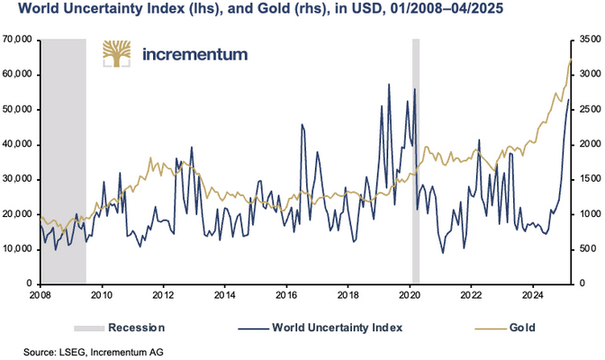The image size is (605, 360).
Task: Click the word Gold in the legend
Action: pos(521,328)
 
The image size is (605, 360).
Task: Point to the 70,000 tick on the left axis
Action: pos(18,40)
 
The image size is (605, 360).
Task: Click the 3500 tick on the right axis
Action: pos(586,40)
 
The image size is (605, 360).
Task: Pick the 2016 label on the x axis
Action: pos(285,293)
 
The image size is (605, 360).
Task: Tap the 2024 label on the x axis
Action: pos(532,293)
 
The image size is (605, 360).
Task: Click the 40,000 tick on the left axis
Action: pos(18,144)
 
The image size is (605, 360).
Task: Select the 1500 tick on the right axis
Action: pos(586,179)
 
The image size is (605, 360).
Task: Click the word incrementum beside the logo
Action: pos(194,54)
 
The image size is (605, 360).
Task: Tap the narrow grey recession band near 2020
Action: pos(416,162)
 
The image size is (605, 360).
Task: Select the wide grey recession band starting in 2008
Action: pos(63,162)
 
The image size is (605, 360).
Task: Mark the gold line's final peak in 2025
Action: pos(571,60)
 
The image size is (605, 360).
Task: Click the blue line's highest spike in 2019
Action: pos(389,85)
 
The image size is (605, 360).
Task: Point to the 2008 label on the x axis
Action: pos(40,293)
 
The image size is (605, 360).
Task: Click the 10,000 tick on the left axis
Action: pos(18,248)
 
